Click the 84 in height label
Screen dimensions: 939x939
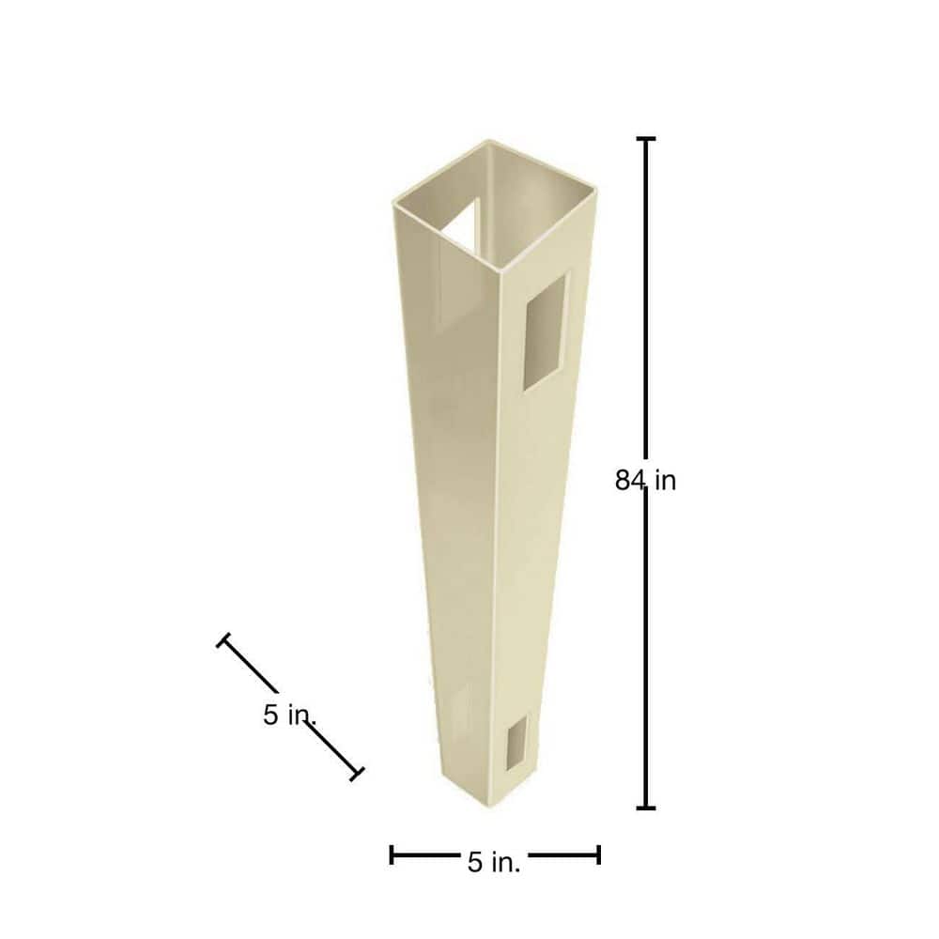646,481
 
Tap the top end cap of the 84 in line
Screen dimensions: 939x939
646,139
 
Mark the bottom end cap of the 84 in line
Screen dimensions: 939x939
646,808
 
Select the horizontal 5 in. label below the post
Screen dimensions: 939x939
494,862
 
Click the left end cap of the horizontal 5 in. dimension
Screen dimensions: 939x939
392,854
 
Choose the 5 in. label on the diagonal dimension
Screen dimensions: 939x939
287,716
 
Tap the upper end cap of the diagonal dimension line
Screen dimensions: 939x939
223,640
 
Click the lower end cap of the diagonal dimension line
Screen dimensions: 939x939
357,774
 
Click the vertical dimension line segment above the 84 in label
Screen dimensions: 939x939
646,300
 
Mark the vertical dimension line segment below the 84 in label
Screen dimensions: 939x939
646,657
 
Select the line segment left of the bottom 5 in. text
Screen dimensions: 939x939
425,854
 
